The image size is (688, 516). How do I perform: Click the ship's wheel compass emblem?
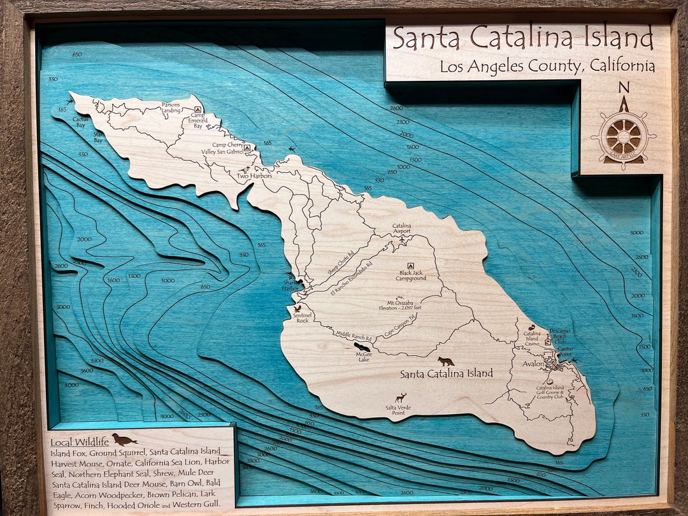coord(623,136)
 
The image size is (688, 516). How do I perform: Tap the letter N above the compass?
coord(624,88)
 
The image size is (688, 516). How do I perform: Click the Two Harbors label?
coord(255,176)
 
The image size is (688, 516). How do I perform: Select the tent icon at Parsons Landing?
coord(198,109)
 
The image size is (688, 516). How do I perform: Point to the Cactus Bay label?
coord(80,122)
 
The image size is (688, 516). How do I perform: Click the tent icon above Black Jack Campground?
coord(411,266)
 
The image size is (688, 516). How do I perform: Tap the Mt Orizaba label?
coord(400,303)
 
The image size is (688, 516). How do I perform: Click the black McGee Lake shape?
coord(362,348)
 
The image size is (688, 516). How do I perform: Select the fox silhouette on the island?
coord(446,361)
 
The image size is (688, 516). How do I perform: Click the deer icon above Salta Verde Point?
coord(400,398)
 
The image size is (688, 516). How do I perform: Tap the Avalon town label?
coord(534,364)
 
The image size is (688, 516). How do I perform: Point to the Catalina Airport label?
coord(401,229)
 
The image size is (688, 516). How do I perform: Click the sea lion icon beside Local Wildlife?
coord(124,440)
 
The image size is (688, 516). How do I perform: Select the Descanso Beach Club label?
coord(561,336)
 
